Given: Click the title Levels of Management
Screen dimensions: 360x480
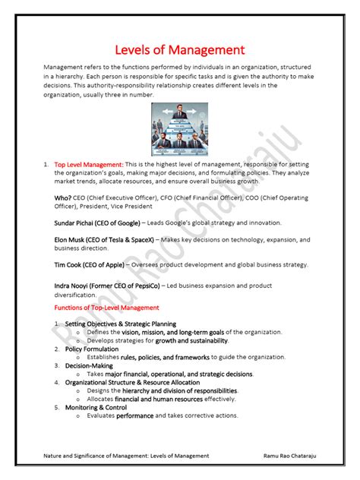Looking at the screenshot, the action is pos(179,50).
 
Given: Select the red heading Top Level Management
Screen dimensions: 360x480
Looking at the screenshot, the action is pos(88,164).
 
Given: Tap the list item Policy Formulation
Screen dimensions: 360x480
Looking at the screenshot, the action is pos(92,349).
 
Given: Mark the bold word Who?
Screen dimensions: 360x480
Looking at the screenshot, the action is pos(63,198).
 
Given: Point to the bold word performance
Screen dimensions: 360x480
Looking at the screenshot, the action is pos(135,415).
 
